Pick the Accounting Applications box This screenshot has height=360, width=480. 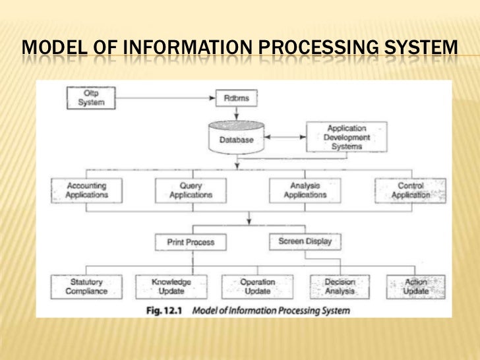pos(86,191)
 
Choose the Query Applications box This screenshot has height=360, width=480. pos(191,191)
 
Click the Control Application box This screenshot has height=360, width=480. pos(410,191)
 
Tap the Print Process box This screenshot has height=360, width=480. pos(190,243)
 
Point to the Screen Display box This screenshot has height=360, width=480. pos(305,241)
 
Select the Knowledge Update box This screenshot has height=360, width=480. pos(171,287)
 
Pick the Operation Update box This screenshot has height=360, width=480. pos(257,287)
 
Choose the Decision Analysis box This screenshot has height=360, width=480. pos(340,287)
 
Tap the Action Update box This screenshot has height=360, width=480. pos(416,287)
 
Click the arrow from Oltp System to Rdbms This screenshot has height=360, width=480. pos(165,98)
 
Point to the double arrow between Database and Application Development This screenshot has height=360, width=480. pos(284,138)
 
